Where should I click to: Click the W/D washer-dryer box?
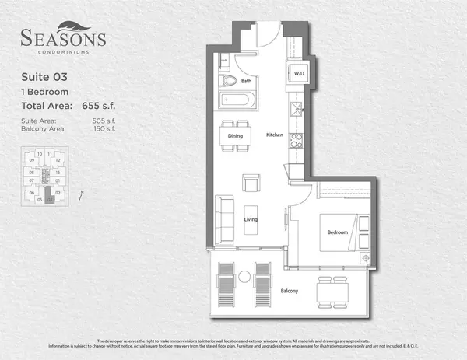point(298,74)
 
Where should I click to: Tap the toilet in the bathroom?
point(230,80)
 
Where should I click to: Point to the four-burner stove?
point(296,141)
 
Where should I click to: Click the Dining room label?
point(235,136)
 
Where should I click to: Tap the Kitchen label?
point(275,135)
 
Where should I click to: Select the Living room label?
point(251,220)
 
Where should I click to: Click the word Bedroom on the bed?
point(337,232)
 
